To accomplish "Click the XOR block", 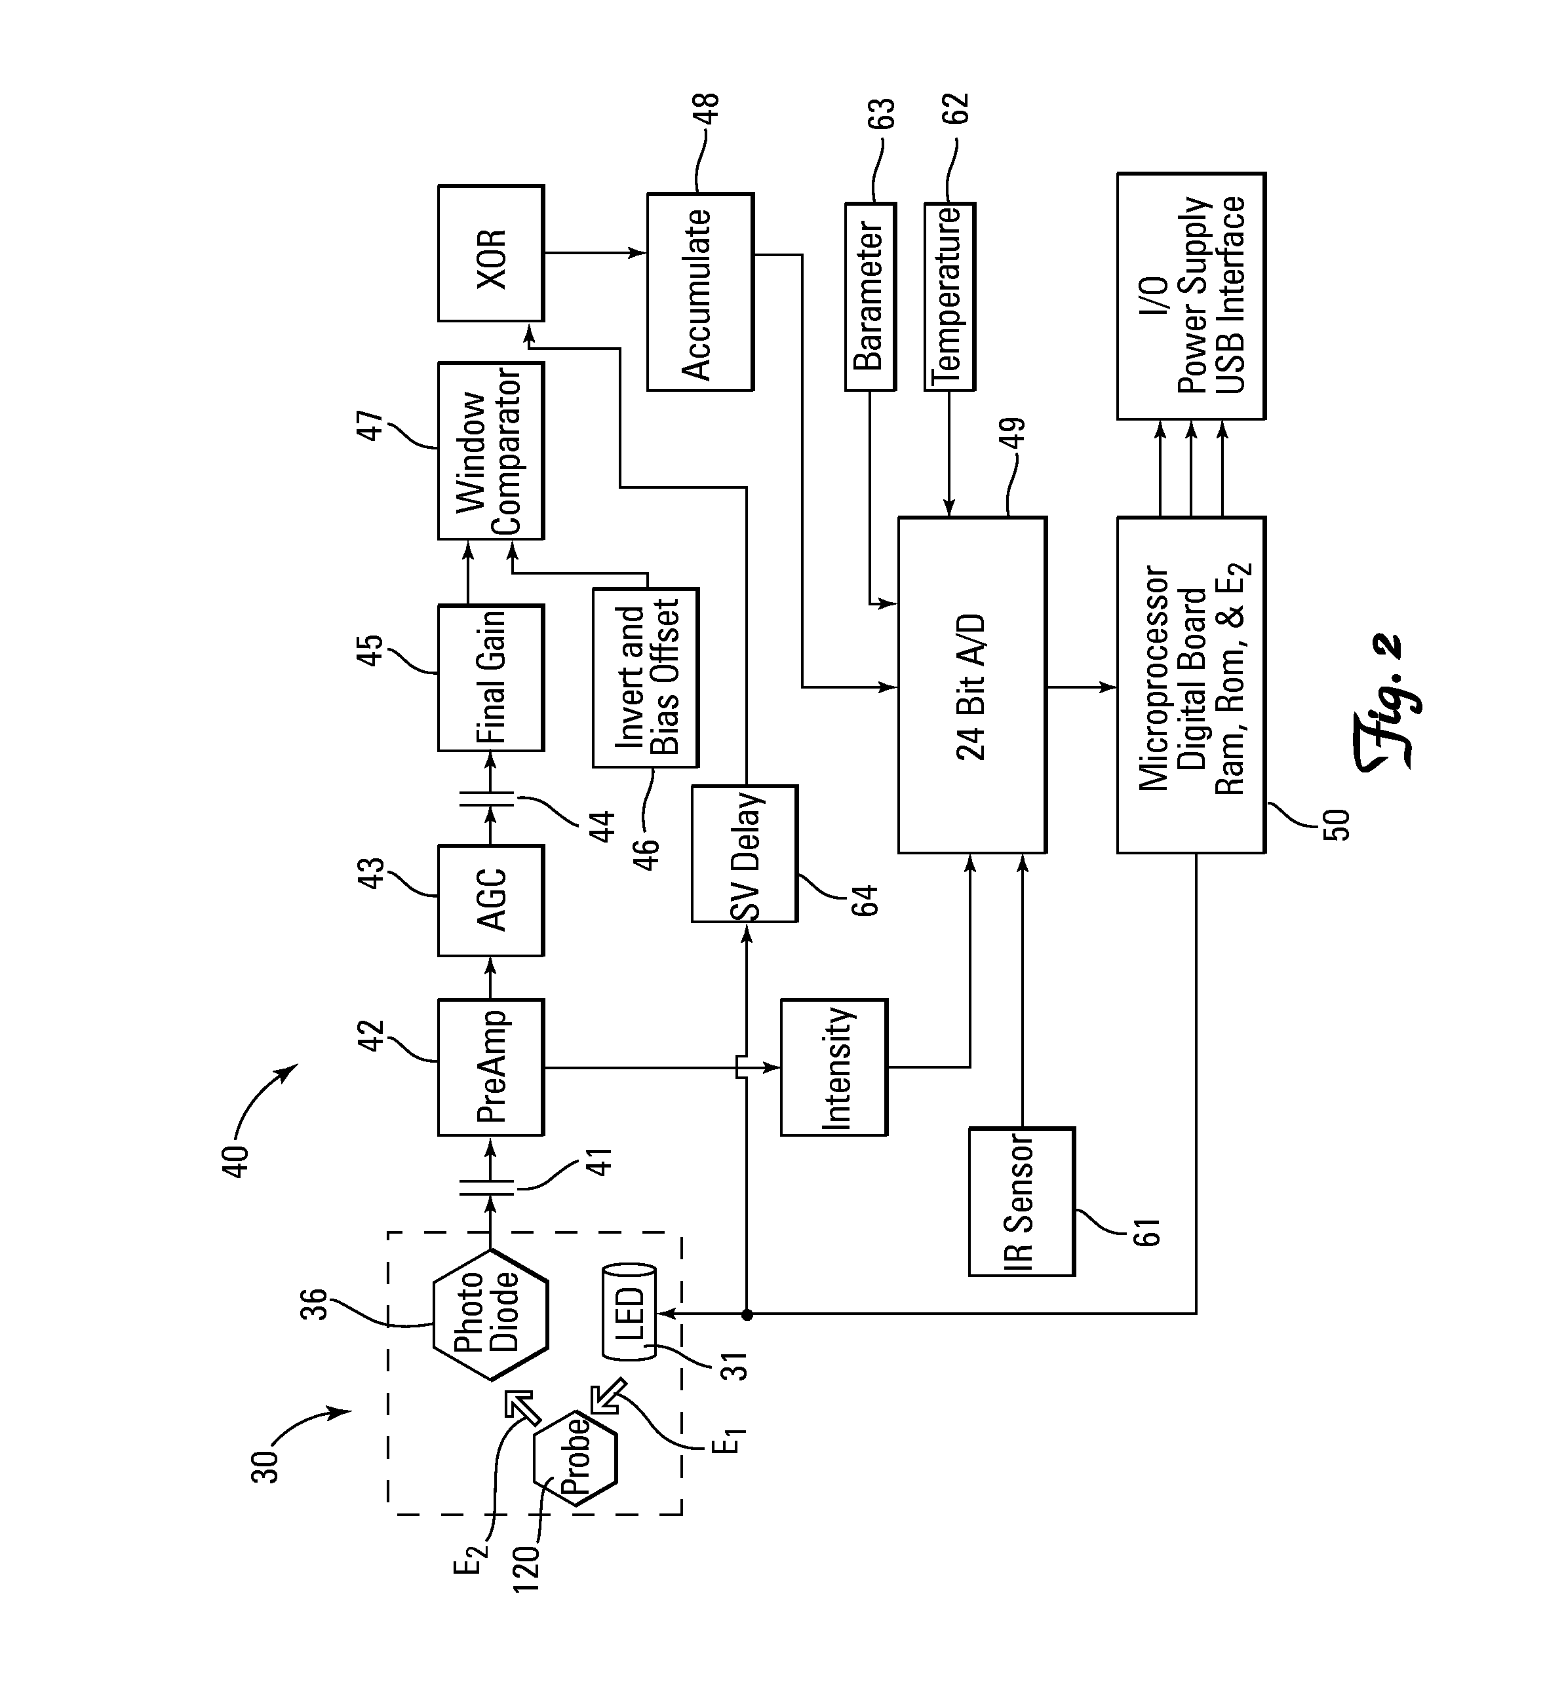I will tap(491, 254).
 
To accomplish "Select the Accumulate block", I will tap(700, 292).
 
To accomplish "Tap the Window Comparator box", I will tap(491, 451).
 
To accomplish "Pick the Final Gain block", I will tap(491, 677).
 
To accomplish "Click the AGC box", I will tap(491, 900).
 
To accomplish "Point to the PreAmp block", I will tap(491, 1067).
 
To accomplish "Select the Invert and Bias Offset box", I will tap(646, 677).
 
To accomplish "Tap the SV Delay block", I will tap(745, 854).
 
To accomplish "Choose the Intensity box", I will tap(834, 1067).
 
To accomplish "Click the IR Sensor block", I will tap(1021, 1201).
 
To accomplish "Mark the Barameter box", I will tap(870, 296).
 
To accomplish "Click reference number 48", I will tap(707, 110).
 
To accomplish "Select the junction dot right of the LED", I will tap(747, 1314).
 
